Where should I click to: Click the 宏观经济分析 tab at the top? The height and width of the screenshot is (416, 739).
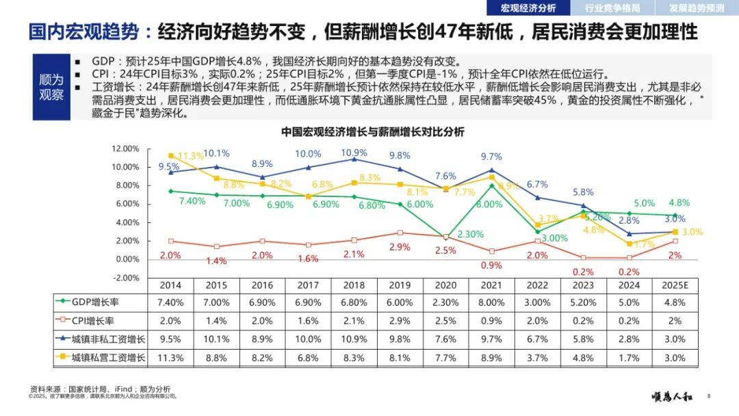pyautogui.click(x=529, y=8)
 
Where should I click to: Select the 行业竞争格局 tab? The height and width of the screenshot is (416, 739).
pyautogui.click(x=612, y=8)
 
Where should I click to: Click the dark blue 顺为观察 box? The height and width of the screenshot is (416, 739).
pyautogui.click(x=51, y=87)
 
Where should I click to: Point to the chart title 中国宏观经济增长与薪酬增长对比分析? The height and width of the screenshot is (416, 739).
pyautogui.click(x=372, y=132)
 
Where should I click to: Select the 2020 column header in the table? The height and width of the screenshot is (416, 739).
pyautogui.click(x=445, y=285)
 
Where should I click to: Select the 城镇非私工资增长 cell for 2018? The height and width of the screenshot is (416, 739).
pyautogui.click(x=354, y=339)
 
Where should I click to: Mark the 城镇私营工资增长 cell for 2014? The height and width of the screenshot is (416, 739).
pyautogui.click(x=170, y=357)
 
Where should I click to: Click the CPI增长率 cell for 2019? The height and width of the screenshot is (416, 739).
pyautogui.click(x=400, y=320)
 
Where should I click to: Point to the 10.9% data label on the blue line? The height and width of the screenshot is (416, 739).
pyautogui.click(x=354, y=153)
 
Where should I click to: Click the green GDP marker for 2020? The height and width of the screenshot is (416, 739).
pyautogui.click(x=445, y=237)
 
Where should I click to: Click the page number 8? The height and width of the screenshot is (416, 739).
pyautogui.click(x=709, y=395)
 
